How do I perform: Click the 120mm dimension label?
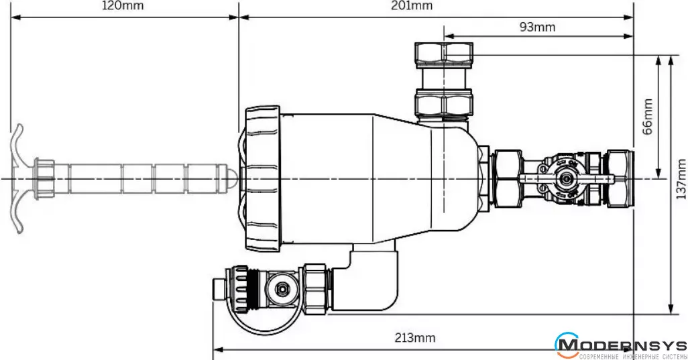pyautogui.click(x=123, y=6)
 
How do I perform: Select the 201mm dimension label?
pyautogui.click(x=410, y=6)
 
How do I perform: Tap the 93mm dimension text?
pyautogui.click(x=538, y=27)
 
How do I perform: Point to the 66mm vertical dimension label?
pyautogui.click(x=647, y=117)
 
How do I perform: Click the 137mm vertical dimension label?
pyautogui.click(x=681, y=179)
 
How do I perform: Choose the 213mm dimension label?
pyautogui.click(x=414, y=338)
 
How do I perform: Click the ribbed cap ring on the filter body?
pyautogui.click(x=262, y=178)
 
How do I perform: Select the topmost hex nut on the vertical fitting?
pyautogui.click(x=444, y=53)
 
